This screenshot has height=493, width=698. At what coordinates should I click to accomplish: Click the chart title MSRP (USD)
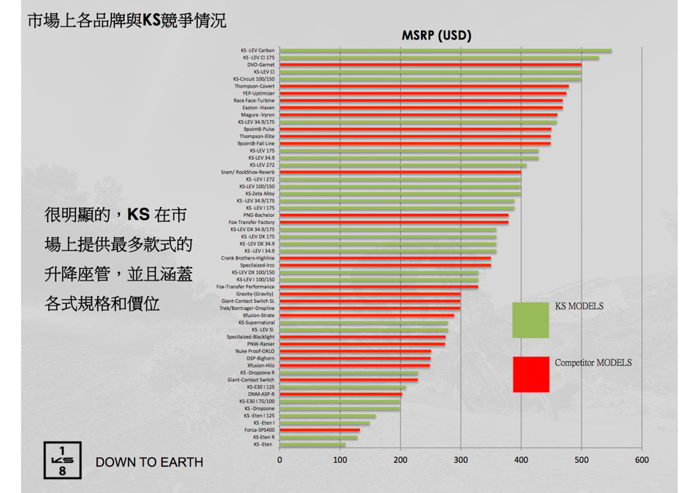point(436,36)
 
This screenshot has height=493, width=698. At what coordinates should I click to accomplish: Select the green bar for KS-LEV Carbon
point(445,50)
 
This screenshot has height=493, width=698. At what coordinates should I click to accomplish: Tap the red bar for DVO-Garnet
point(430,65)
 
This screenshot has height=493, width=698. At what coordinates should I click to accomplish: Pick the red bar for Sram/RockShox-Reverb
point(400,172)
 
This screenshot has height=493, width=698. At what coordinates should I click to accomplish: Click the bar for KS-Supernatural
point(364,322)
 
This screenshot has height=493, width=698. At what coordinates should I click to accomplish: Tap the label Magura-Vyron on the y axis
point(257,115)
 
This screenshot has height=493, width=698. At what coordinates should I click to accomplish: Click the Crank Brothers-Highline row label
point(247,258)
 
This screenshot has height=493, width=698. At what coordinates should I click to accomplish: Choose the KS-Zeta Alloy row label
point(258,194)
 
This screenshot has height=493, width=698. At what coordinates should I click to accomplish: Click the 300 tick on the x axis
point(461,460)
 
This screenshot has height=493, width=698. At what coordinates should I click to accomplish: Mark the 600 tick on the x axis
point(641,460)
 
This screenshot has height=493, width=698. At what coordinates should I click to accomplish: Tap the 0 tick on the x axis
point(280,460)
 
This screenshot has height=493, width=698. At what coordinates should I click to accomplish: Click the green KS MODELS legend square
point(530,319)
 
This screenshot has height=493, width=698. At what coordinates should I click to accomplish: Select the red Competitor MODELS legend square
point(530,374)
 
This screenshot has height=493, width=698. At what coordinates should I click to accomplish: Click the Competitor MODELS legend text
point(593,363)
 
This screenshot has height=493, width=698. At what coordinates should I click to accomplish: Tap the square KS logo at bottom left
point(60,460)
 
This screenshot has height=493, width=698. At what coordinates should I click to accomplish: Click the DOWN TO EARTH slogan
point(149,463)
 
